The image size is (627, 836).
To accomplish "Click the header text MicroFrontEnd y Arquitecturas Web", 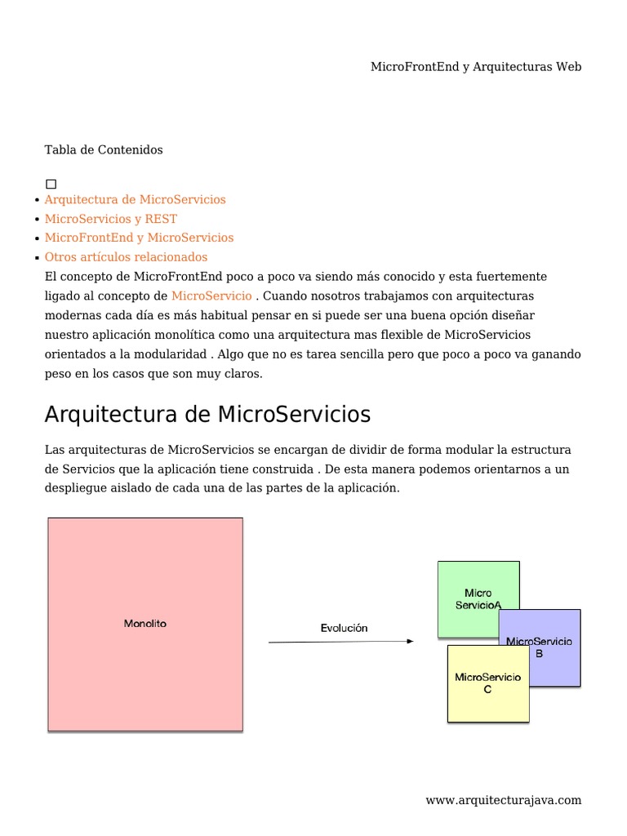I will tap(476, 67).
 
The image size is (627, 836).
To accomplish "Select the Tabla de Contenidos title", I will tap(104, 149).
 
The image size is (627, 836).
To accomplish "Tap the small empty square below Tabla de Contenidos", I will tap(51, 185).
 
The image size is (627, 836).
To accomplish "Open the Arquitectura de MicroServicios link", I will tap(135, 199).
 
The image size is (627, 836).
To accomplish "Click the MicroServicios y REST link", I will tap(110, 219).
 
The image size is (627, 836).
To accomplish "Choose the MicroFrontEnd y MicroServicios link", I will tap(139, 238).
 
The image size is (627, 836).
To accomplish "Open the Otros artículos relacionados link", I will tap(126, 257).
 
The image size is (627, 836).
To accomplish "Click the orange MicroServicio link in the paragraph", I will tap(211, 296).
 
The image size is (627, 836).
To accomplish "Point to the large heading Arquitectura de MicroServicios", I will tap(207, 415).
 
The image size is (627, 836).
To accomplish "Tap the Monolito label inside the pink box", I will tap(145, 624).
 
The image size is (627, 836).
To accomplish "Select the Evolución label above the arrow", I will tap(344, 628).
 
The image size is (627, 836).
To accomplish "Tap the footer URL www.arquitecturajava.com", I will tap(503, 800).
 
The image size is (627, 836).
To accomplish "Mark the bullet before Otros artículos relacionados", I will tap(38, 258).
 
